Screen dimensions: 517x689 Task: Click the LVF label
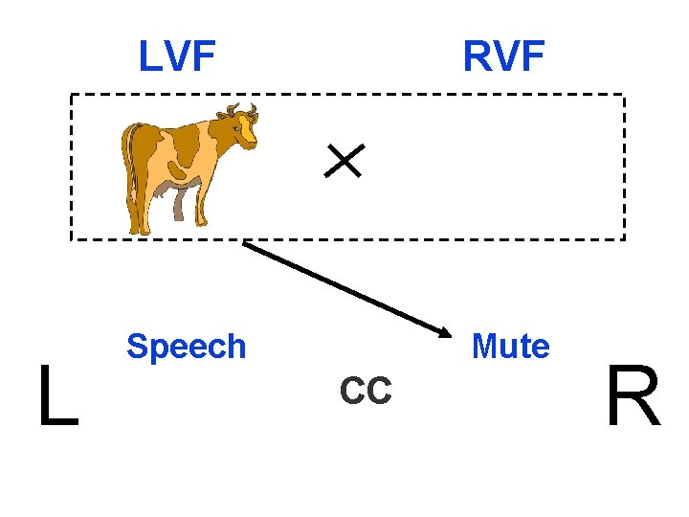(177, 56)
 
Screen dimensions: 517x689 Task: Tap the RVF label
(503, 56)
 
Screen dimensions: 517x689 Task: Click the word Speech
(186, 347)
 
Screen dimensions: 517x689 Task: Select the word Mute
(511, 347)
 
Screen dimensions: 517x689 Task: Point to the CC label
(366, 391)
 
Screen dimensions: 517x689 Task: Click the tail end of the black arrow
(245, 243)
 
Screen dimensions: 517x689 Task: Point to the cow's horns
(239, 108)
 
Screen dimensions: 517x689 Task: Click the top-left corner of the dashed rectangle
(71, 95)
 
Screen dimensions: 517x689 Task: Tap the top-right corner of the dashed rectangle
(624, 95)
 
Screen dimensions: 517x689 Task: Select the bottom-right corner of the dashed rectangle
(624, 238)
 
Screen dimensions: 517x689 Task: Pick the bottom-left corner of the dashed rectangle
(71, 238)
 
